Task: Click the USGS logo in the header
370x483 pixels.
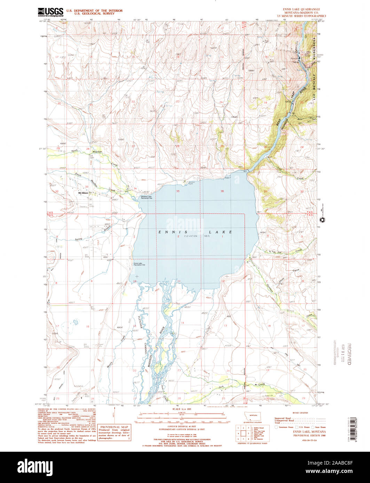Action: click(50, 12)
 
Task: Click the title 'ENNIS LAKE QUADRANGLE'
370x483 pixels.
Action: click(301, 9)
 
